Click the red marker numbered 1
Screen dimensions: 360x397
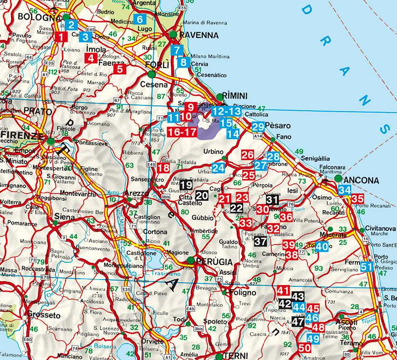[x=61, y=37]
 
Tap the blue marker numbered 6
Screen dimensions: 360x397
[x=140, y=20]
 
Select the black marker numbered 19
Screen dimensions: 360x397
[x=187, y=185]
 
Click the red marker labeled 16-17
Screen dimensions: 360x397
[x=182, y=131]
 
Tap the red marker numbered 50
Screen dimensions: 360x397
[x=304, y=347]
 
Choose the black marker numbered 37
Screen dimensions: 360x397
[x=260, y=242]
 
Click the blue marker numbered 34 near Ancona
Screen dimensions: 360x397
[x=344, y=190]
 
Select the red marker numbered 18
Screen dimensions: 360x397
[x=163, y=168]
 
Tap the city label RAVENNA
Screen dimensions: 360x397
[x=198, y=35]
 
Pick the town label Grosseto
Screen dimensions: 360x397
[x=43, y=316]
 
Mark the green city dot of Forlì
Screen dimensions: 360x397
[x=152, y=74]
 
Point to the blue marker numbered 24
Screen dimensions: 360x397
[x=218, y=167]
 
